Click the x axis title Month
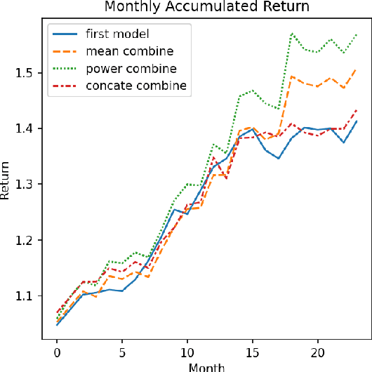[x=206, y=366]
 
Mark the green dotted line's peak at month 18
[x=291, y=33]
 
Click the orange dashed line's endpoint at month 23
[x=357, y=69]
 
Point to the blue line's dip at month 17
[x=279, y=159]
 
